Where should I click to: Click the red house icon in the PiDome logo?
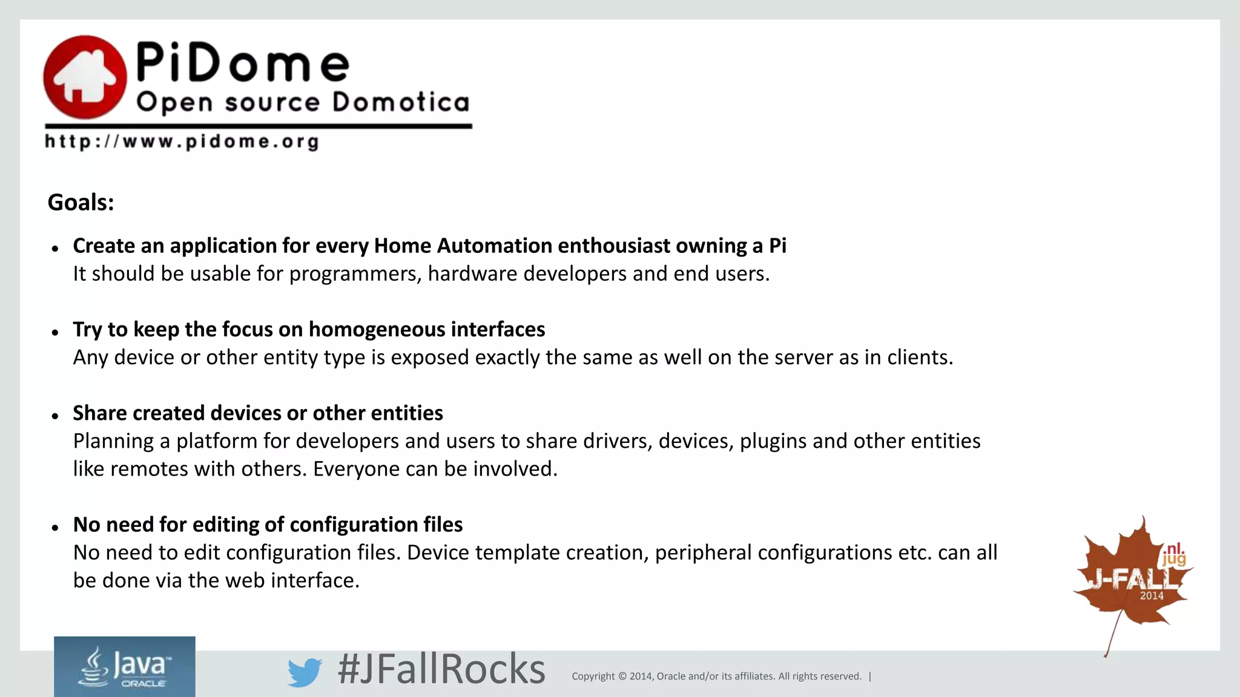click(85, 77)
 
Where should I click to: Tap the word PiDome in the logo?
click(242, 63)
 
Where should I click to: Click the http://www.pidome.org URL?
click(182, 142)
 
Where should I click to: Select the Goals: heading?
click(81, 203)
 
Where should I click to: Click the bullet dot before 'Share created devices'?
click(55, 416)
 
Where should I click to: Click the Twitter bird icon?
click(304, 672)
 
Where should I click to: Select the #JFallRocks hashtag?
click(441, 669)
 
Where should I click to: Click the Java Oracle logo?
click(125, 667)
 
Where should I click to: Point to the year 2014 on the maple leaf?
click(1151, 596)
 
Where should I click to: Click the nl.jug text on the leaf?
click(1173, 554)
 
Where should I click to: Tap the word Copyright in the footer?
click(593, 676)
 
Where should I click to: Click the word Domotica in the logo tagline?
click(401, 102)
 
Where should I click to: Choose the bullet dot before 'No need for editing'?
click(55, 528)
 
